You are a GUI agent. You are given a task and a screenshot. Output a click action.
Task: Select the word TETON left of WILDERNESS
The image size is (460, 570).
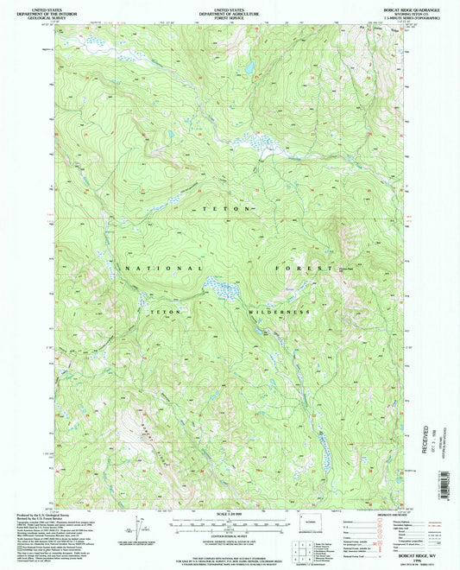(x=165, y=310)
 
